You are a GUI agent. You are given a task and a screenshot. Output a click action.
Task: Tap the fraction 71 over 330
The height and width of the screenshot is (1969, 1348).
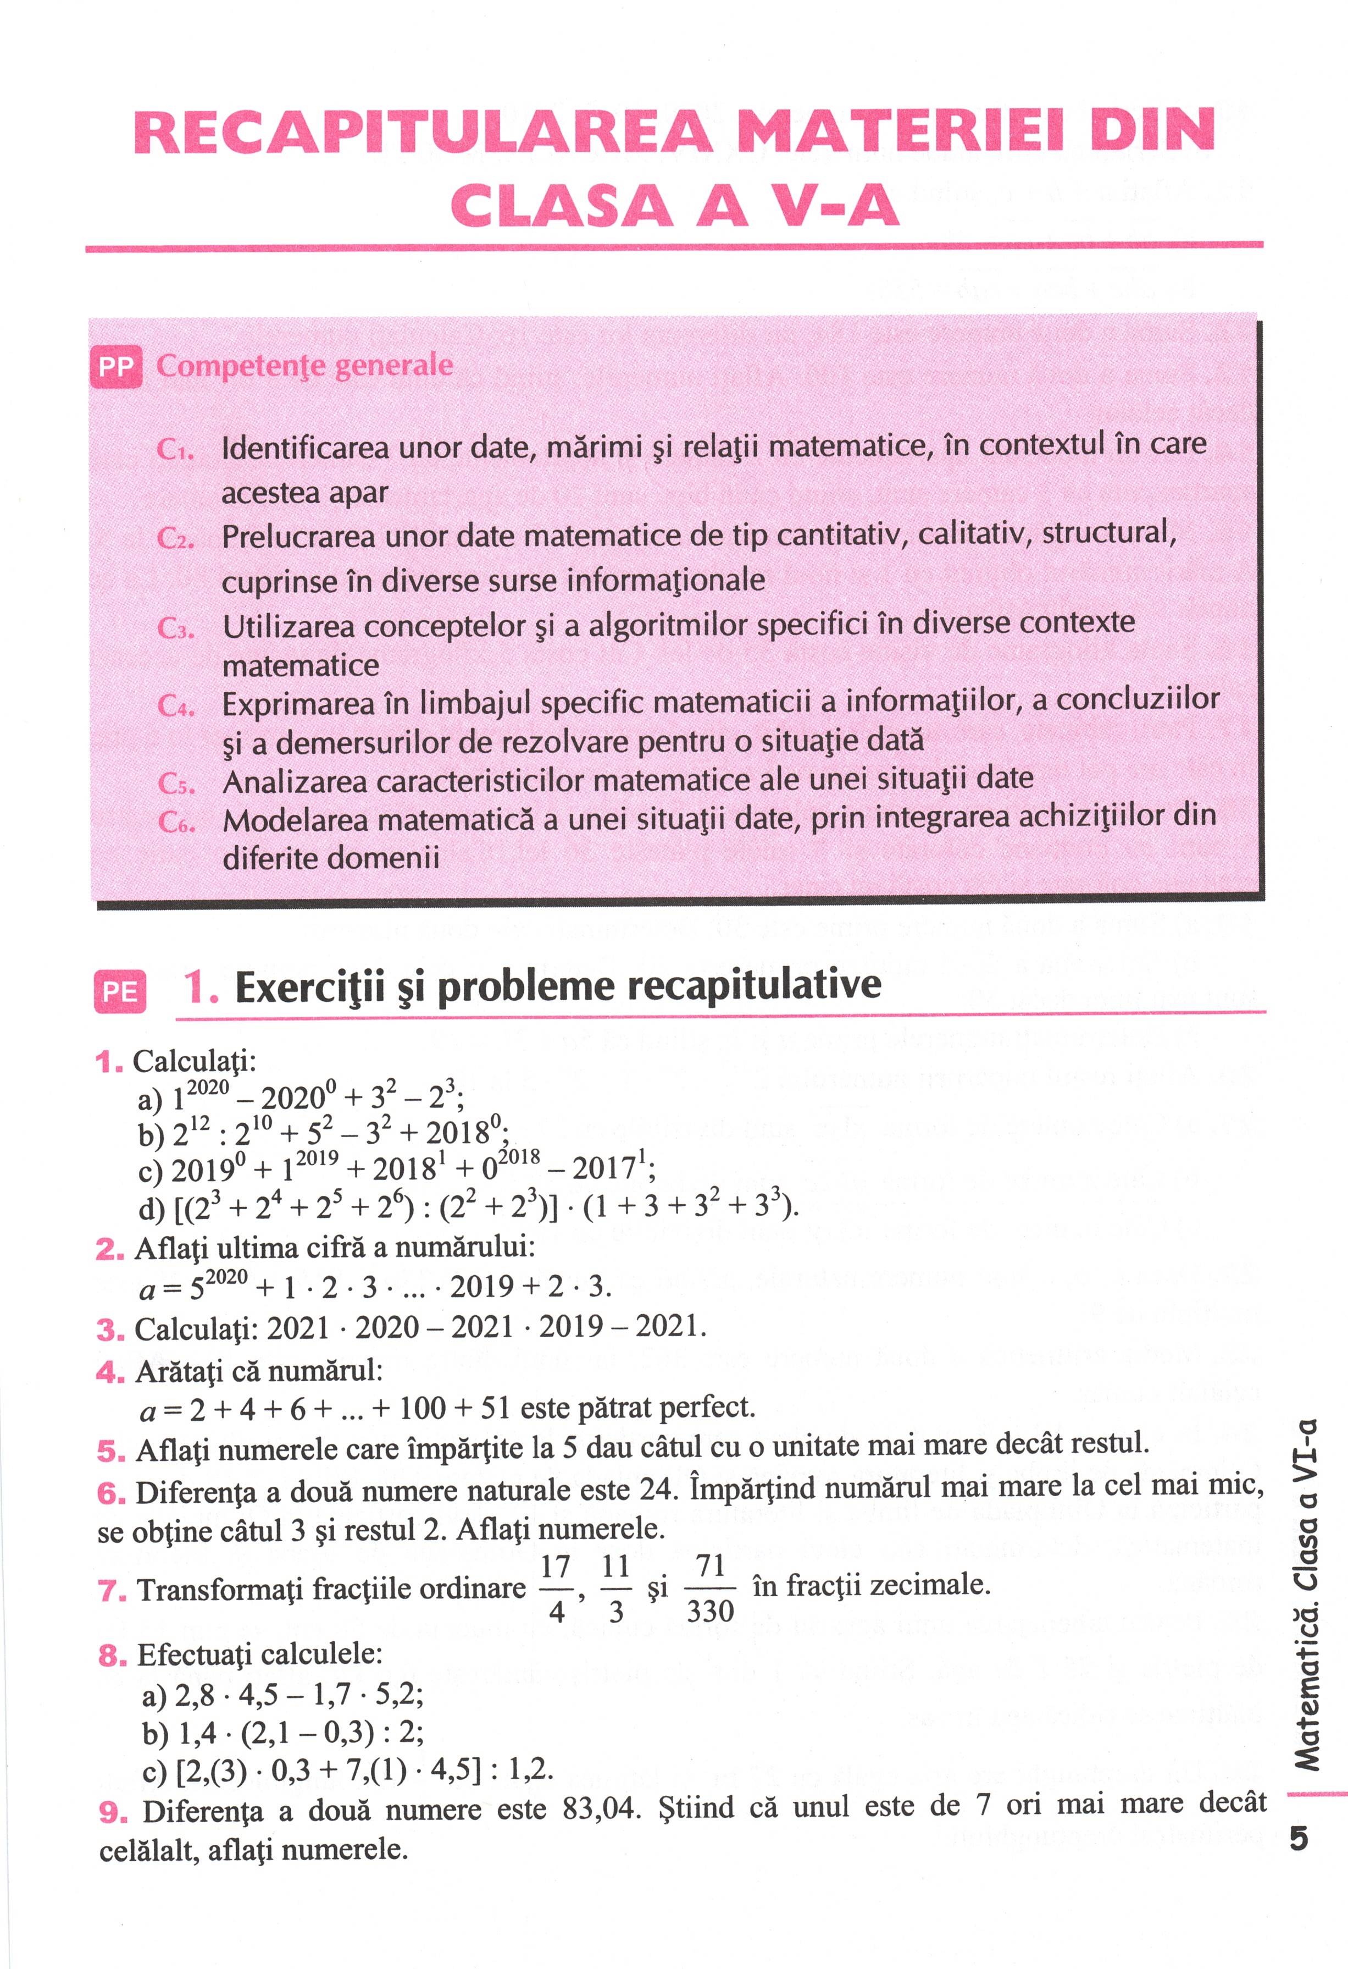709,1589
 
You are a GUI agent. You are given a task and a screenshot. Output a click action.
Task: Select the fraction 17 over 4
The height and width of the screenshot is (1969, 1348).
556,1589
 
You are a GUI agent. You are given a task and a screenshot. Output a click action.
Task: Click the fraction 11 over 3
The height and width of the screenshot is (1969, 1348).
615,1589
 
